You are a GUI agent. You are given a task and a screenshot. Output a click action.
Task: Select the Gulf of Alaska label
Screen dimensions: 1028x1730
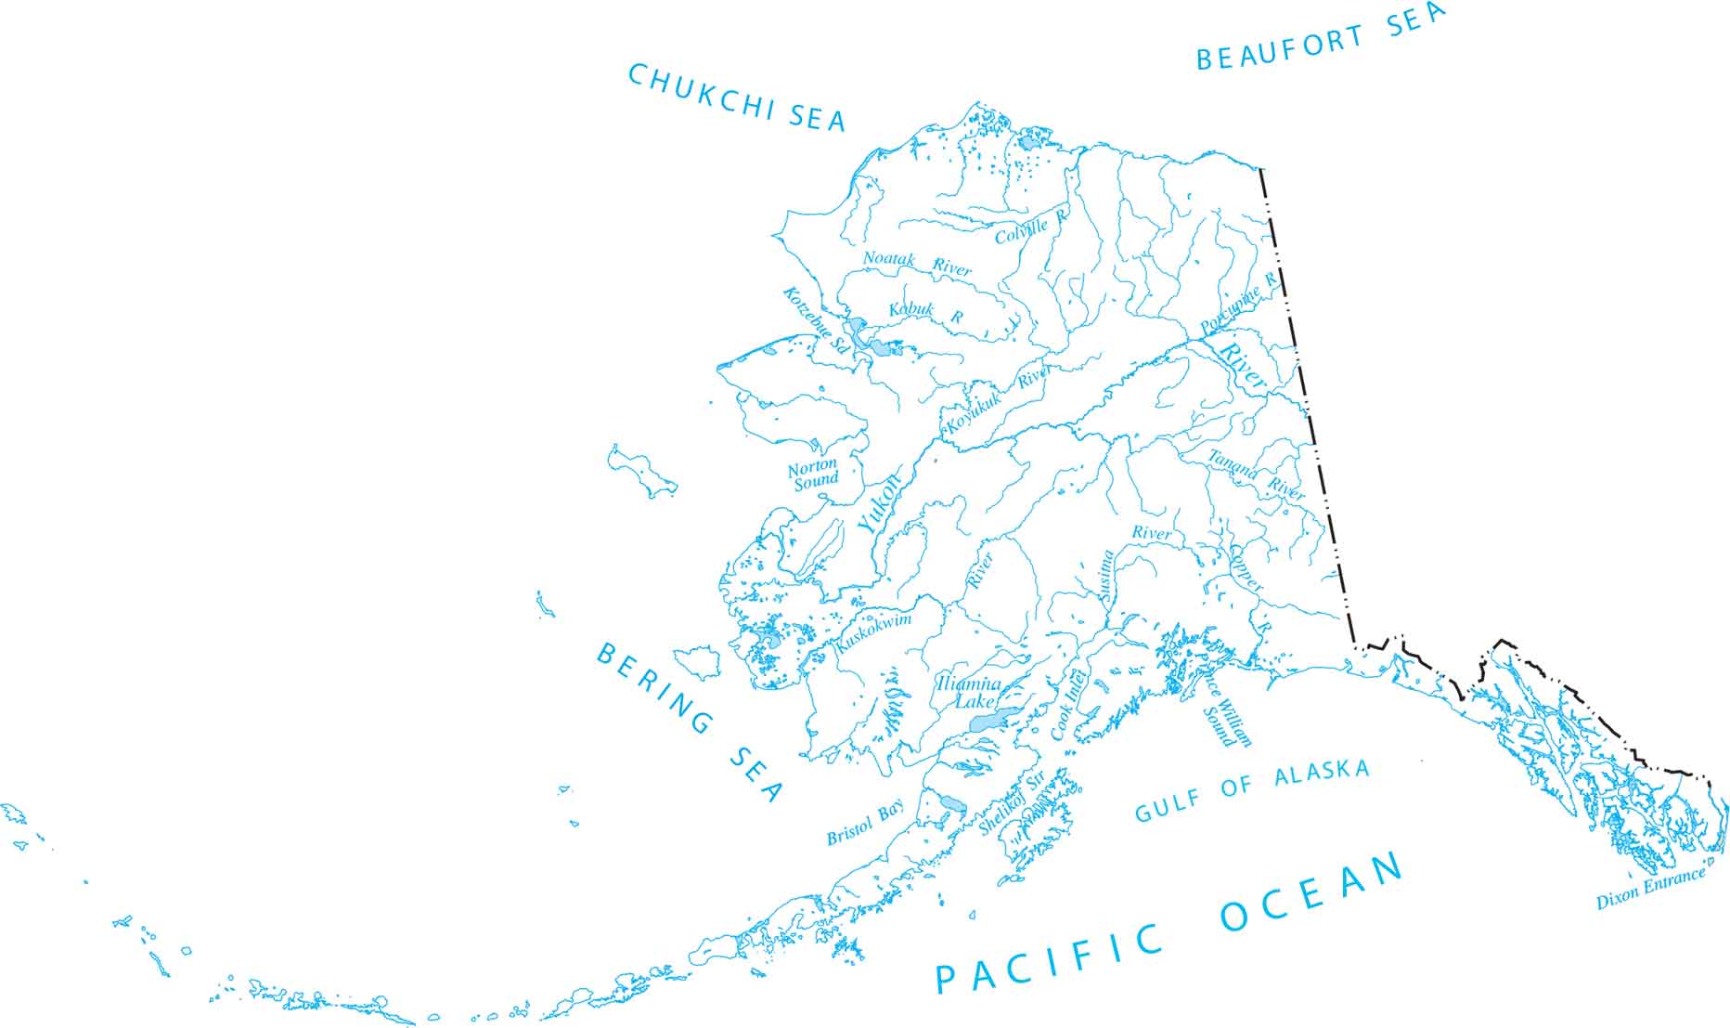pyautogui.click(x=1252, y=792)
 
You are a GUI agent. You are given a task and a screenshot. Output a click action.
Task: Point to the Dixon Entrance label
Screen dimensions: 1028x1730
pyautogui.click(x=1650, y=887)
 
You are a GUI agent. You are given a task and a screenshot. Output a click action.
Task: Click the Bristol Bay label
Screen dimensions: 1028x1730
pyautogui.click(x=865, y=824)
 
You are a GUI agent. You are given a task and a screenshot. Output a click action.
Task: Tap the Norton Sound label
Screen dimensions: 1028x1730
pyautogui.click(x=813, y=472)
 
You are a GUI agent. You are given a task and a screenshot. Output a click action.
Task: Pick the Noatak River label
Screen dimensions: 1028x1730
pyautogui.click(x=916, y=263)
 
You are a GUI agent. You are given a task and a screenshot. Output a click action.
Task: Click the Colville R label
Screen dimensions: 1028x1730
pyautogui.click(x=1031, y=227)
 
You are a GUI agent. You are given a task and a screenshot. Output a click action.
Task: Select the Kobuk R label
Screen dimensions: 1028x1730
pyautogui.click(x=924, y=312)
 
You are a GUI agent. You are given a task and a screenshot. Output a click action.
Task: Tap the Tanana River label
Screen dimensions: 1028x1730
pyautogui.click(x=1257, y=475)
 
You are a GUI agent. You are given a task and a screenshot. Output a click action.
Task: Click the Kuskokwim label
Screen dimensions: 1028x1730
pyautogui.click(x=874, y=632)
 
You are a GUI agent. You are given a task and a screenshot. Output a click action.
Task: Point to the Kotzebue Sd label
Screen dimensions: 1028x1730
pyautogui.click(x=815, y=319)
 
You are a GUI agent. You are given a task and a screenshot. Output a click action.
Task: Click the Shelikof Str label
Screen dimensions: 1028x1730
pyautogui.click(x=1012, y=802)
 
